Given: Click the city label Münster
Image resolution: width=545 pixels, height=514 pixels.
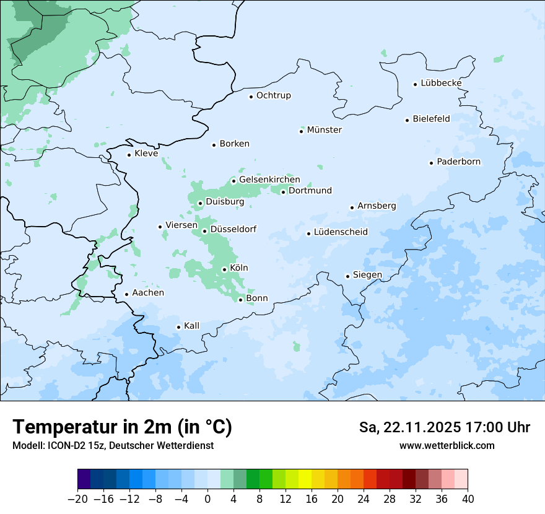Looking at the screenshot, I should (324, 130).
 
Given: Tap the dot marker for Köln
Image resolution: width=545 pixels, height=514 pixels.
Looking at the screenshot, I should (224, 269).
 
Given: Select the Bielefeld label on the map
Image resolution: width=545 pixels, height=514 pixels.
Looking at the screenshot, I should (431, 119).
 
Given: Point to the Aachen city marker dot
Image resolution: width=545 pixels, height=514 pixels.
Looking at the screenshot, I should (126, 295).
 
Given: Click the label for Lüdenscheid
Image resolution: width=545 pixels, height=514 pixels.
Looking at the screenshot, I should (341, 232).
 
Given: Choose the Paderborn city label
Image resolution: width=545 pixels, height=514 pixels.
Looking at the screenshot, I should (458, 162).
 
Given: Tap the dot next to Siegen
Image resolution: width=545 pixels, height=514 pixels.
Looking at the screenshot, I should (348, 276).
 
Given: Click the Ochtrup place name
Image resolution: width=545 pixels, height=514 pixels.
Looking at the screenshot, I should (273, 95).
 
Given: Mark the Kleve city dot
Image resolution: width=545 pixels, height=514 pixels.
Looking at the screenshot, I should (129, 155).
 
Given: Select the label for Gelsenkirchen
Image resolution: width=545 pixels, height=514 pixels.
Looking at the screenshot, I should (269, 180).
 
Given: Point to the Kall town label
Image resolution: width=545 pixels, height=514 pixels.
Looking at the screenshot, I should (191, 326).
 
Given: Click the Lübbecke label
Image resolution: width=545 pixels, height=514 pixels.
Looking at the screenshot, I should (441, 83).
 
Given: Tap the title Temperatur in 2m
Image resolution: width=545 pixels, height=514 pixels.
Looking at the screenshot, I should (122, 427).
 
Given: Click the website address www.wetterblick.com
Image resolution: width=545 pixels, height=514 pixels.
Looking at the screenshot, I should (447, 445).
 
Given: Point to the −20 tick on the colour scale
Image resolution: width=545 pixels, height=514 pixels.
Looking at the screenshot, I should (77, 499).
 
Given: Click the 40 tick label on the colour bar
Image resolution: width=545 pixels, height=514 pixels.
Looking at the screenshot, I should (468, 499).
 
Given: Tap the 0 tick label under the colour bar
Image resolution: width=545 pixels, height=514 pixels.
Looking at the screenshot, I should (207, 499).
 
